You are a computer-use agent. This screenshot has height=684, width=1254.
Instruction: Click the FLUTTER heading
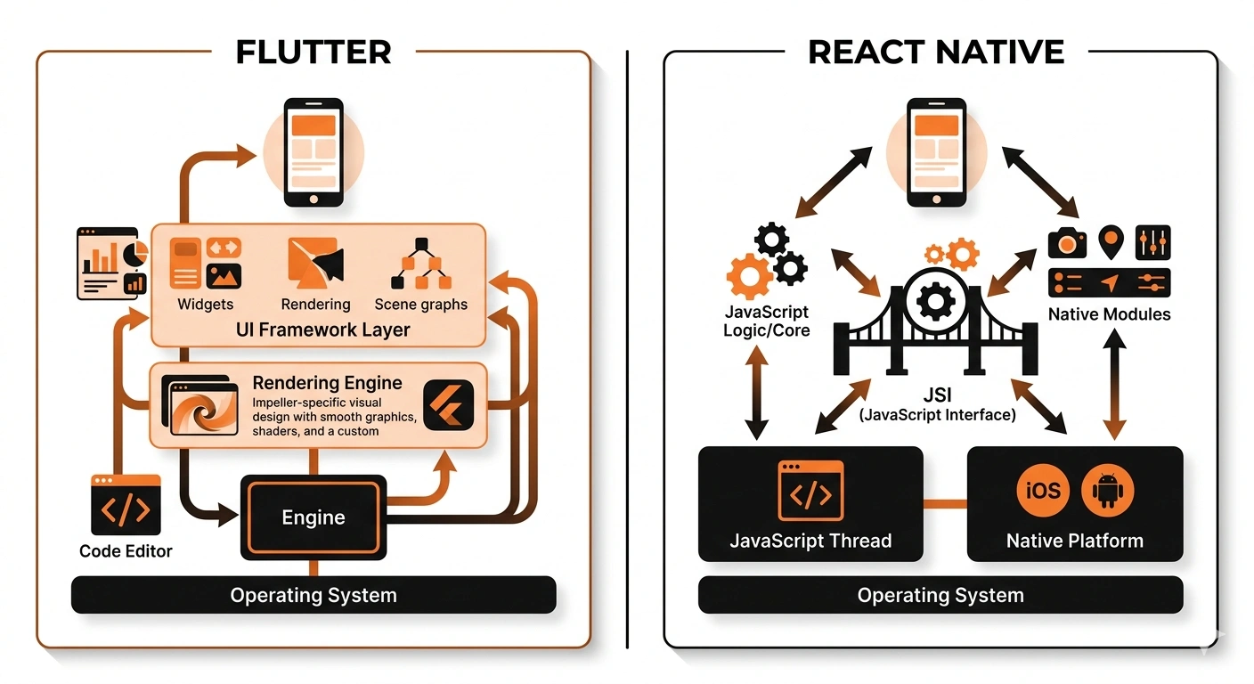(x=313, y=52)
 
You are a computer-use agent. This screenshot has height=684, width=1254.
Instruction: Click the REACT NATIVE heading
(x=936, y=52)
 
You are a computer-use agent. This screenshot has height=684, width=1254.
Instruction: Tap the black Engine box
(x=313, y=517)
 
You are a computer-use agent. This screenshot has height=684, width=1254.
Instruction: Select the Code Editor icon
(x=126, y=505)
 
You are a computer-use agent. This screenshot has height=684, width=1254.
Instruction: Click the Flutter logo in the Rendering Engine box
(x=448, y=405)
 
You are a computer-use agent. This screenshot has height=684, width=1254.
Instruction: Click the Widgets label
(x=205, y=305)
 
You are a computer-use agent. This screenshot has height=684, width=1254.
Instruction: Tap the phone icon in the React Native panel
(x=936, y=152)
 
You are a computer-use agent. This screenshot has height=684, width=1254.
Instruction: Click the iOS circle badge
(x=1043, y=491)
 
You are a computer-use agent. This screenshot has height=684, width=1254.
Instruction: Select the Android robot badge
(x=1108, y=491)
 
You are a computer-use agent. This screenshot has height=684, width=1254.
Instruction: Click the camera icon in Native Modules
(x=1067, y=242)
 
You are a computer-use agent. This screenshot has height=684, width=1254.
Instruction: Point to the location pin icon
(x=1110, y=240)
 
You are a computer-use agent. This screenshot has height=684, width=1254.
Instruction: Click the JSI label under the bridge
(x=937, y=395)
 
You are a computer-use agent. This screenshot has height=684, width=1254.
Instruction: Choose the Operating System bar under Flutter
(x=313, y=595)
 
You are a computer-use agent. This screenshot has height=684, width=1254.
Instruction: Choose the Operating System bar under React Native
(x=940, y=595)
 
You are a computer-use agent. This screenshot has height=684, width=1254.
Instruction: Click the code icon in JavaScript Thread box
(x=810, y=491)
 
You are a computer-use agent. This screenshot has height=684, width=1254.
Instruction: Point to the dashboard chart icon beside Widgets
(x=112, y=263)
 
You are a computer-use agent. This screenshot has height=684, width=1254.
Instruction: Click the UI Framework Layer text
(x=323, y=330)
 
